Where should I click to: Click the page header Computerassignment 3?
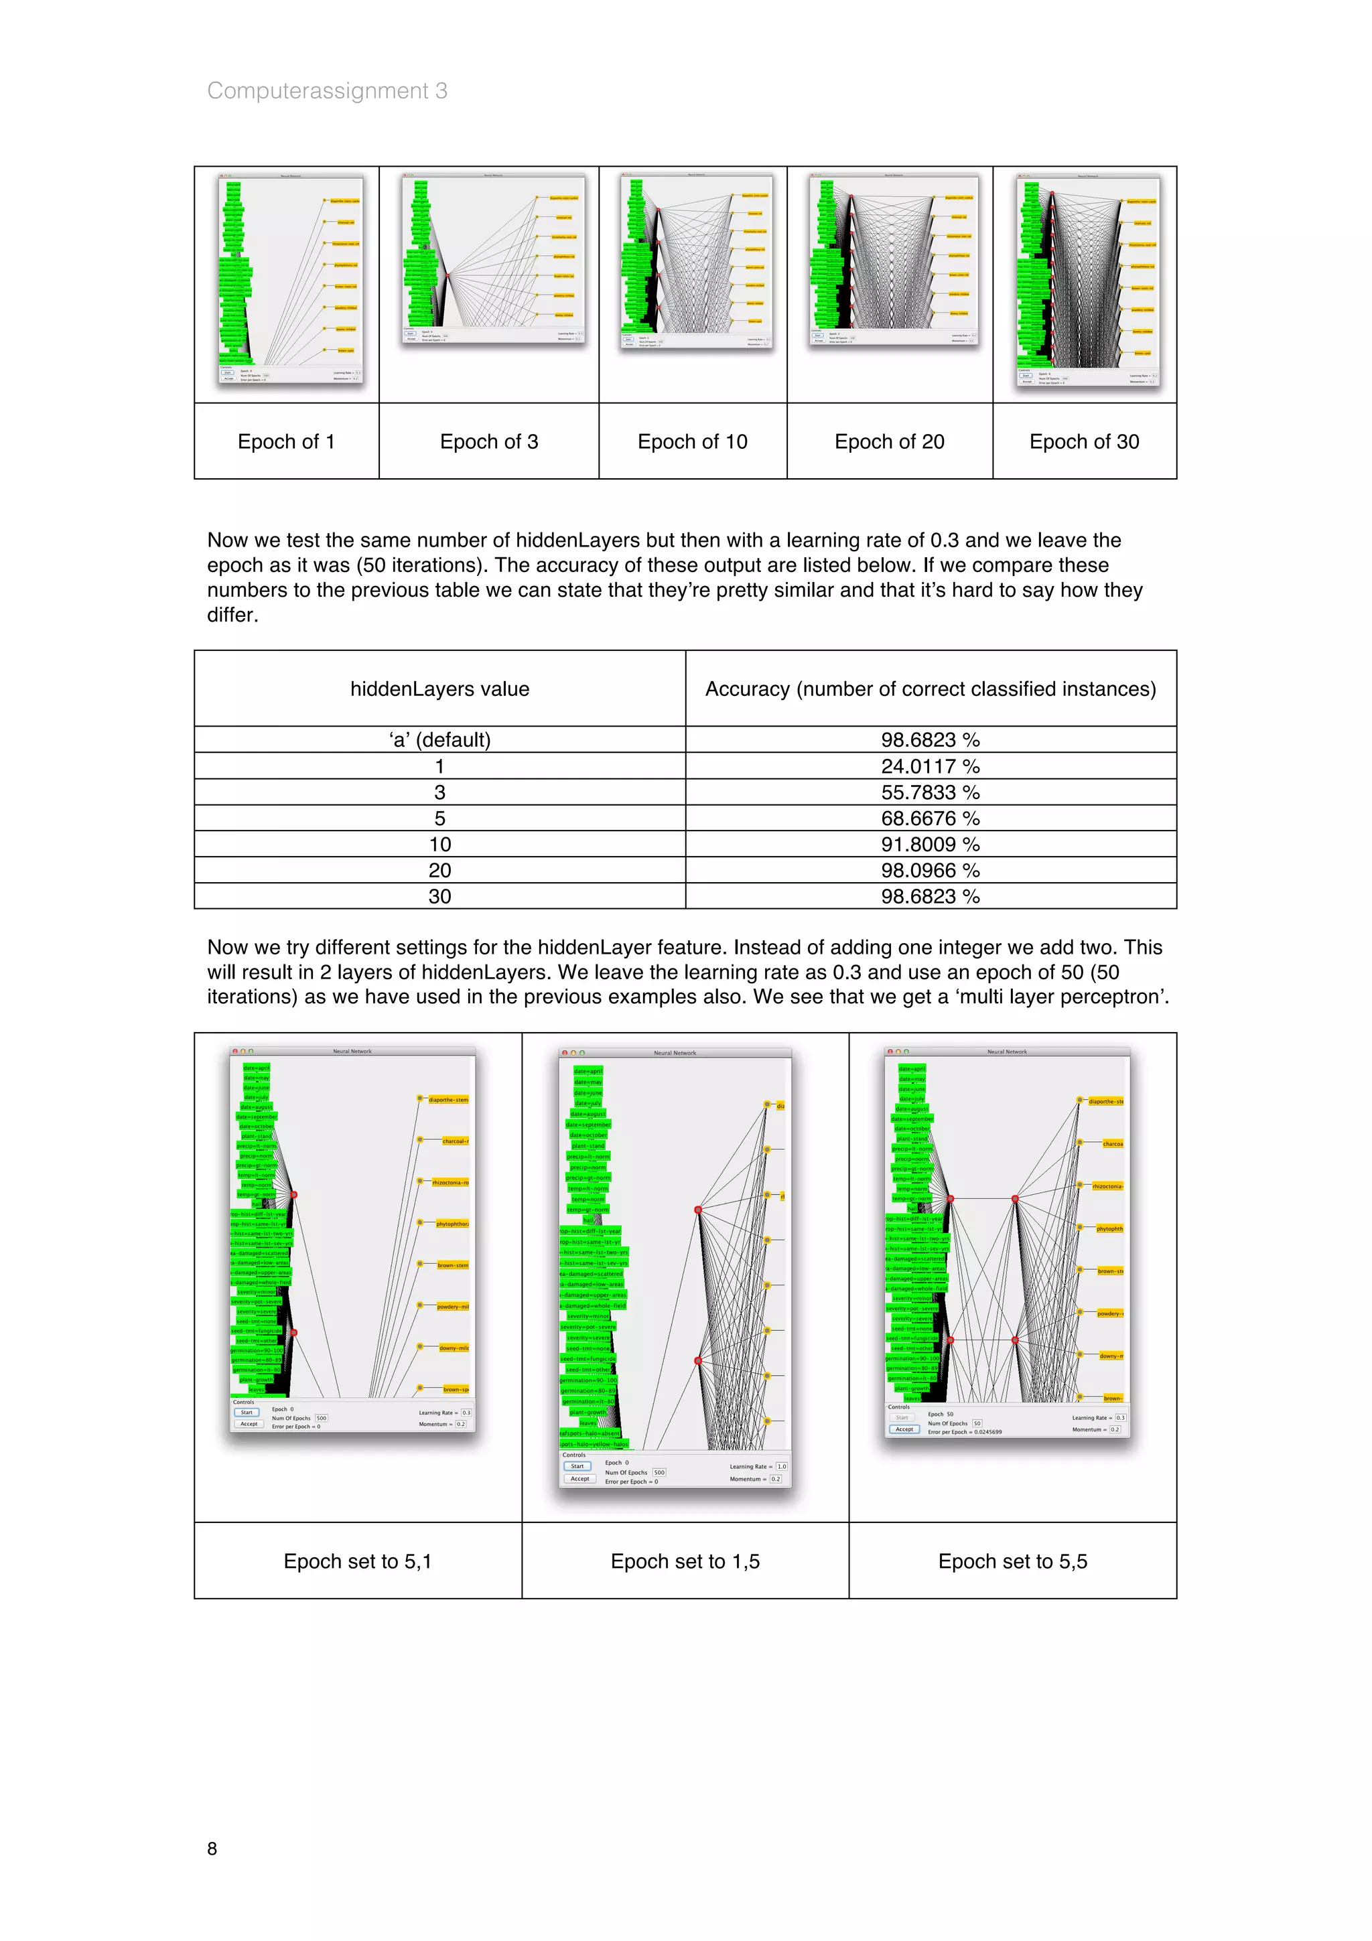click(x=327, y=90)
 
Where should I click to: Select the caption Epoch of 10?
click(x=692, y=441)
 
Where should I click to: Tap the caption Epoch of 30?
click(x=1084, y=441)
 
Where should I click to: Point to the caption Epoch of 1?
click(x=286, y=441)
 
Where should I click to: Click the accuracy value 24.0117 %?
click(x=930, y=766)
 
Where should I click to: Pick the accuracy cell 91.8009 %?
click(x=930, y=844)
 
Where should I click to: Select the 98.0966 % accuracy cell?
click(x=930, y=870)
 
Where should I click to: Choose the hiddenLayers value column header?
click(x=439, y=689)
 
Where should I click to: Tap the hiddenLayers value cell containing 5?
click(x=439, y=818)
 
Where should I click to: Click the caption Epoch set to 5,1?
click(x=358, y=1561)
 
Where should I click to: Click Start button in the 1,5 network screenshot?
click(x=577, y=1466)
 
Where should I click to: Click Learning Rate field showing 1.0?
click(x=781, y=1466)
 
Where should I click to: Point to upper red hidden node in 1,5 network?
click(x=698, y=1210)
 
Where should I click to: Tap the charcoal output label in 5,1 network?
click(x=455, y=1141)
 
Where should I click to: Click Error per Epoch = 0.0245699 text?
click(x=965, y=1431)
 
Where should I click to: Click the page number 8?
click(x=212, y=1848)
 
